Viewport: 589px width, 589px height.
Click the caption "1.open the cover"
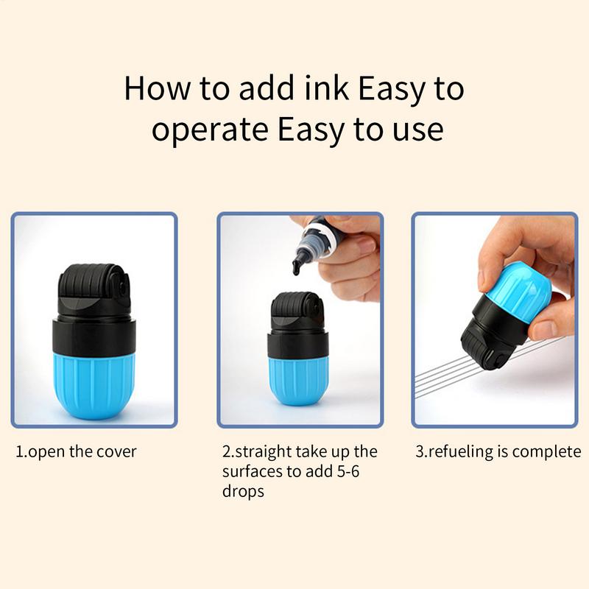coord(77,451)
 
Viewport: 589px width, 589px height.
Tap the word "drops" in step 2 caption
coord(243,491)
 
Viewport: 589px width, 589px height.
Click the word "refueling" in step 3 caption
coord(468,451)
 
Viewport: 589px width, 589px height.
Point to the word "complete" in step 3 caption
coord(546,451)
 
